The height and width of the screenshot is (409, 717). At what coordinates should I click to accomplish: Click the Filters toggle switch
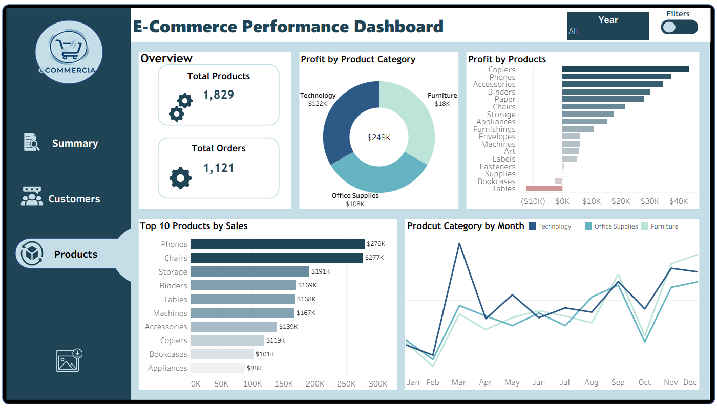679,27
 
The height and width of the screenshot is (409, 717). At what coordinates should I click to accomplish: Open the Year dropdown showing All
608,26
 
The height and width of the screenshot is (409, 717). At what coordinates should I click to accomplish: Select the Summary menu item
75,144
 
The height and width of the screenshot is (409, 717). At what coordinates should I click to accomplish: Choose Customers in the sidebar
74,199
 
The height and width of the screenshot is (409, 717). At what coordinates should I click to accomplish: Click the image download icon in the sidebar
69,360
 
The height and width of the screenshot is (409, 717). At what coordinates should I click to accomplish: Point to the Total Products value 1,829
219,95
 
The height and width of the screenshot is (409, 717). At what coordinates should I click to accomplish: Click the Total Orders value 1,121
219,168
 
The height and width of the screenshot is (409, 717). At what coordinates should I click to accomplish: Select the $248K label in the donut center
379,138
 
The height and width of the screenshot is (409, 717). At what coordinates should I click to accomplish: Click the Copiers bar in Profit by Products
625,70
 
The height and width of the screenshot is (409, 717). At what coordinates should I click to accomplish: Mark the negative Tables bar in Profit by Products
544,189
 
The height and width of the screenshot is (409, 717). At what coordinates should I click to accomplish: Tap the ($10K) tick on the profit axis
533,202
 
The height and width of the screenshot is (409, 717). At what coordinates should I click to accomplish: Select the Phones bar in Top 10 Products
277,244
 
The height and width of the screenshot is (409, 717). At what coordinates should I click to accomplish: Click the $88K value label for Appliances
255,368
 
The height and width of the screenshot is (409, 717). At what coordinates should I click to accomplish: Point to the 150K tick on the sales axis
283,384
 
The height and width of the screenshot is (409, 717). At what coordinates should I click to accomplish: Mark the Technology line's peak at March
459,243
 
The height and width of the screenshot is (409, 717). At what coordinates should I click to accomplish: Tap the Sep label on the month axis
618,382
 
